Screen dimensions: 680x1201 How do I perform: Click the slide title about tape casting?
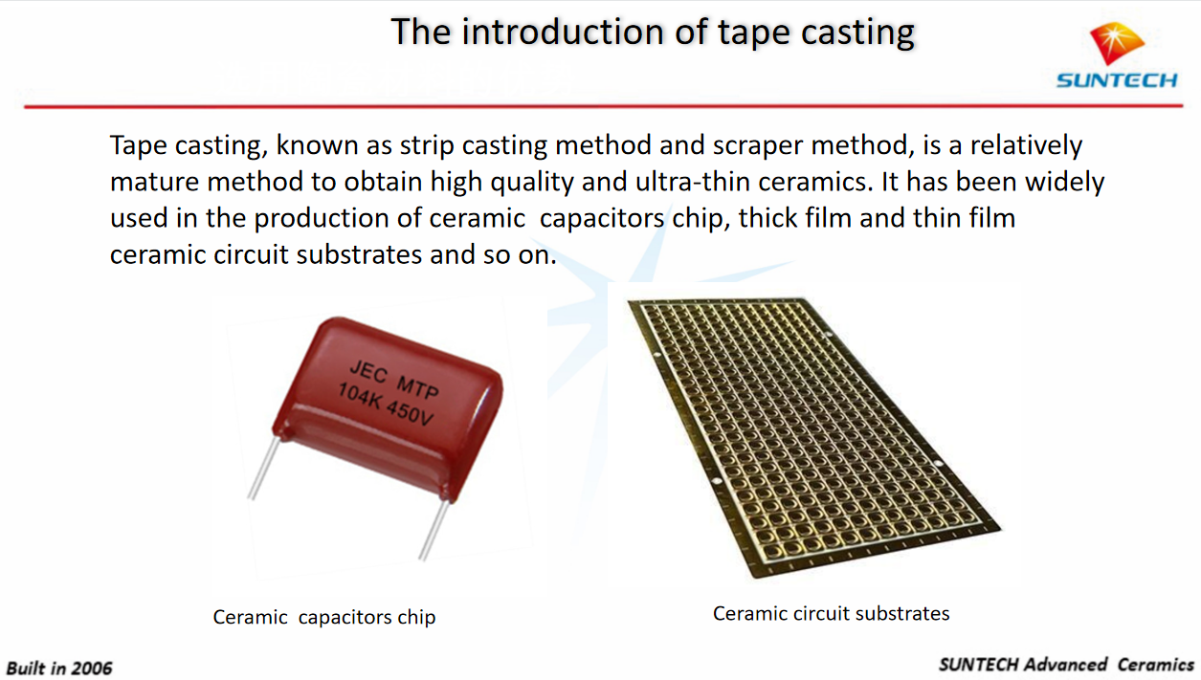click(653, 32)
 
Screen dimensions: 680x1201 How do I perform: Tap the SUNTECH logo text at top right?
click(1116, 80)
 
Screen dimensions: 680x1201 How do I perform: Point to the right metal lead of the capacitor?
click(434, 531)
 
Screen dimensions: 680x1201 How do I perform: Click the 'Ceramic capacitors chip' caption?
click(323, 618)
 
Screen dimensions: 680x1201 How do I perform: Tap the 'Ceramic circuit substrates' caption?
click(831, 614)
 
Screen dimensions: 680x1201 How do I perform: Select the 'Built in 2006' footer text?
click(59, 667)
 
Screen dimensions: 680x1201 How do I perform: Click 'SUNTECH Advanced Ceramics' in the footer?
click(1066, 665)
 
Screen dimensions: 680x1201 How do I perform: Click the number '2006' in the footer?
click(91, 667)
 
